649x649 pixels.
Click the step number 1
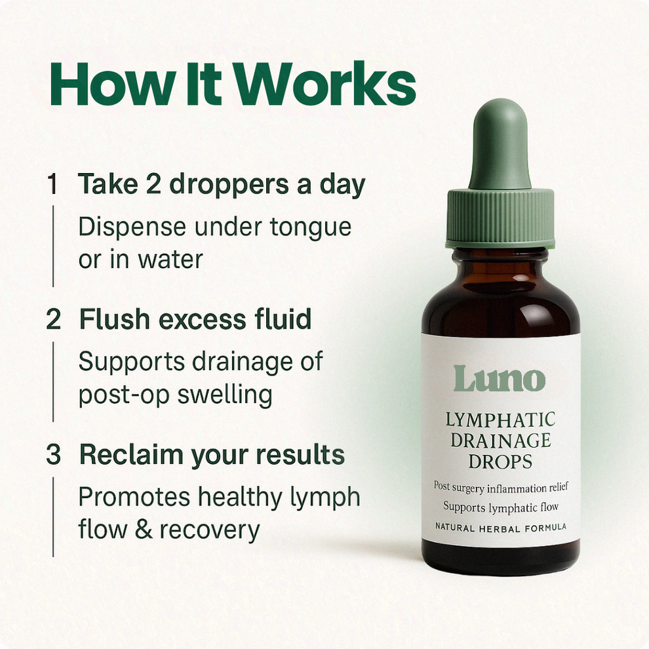click(x=52, y=184)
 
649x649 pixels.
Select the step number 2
click(x=54, y=319)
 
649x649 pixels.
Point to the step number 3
click(x=54, y=454)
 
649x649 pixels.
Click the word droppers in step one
click(x=229, y=186)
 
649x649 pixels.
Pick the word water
click(x=170, y=260)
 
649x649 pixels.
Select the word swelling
click(x=225, y=396)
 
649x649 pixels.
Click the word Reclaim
click(x=131, y=454)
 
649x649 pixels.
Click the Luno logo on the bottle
click(x=500, y=378)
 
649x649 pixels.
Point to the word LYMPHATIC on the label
click(x=500, y=420)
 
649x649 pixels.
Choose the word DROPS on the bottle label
click(x=500, y=462)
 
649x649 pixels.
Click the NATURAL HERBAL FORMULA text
click(x=501, y=528)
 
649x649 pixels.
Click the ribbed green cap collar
click(x=500, y=218)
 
